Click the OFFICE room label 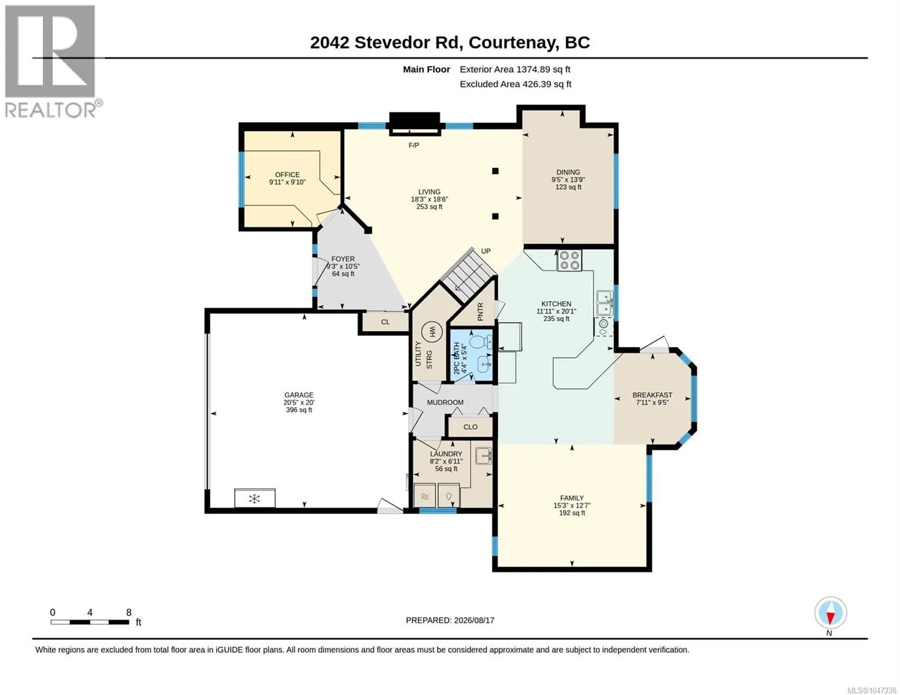click(x=287, y=175)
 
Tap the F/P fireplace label click(x=413, y=145)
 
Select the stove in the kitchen click(x=569, y=261)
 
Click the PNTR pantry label click(x=480, y=312)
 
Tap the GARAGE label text click(x=298, y=395)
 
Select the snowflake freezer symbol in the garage click(x=254, y=499)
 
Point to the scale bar click(x=90, y=622)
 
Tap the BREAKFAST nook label click(x=652, y=395)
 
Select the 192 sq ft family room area click(x=572, y=513)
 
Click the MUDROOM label click(x=445, y=403)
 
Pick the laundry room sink click(x=483, y=456)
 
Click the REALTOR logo click(x=50, y=61)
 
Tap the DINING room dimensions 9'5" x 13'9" click(x=568, y=180)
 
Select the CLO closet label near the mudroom click(x=470, y=427)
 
